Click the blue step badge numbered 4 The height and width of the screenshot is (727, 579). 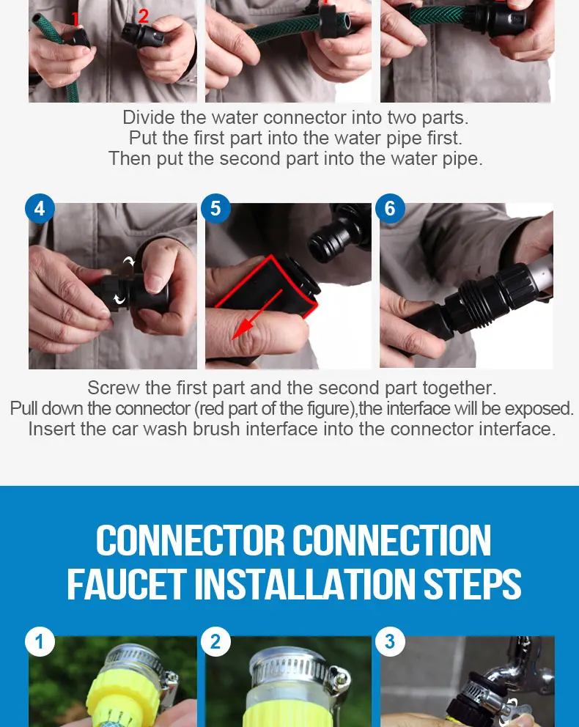(x=40, y=208)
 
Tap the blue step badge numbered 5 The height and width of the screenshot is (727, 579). (x=215, y=208)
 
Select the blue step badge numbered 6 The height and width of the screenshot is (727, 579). (x=390, y=208)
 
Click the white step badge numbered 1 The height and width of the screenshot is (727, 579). (x=40, y=642)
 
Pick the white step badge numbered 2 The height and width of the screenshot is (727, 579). (x=215, y=642)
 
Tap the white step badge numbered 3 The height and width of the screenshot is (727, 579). (x=390, y=642)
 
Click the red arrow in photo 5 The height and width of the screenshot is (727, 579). (x=257, y=314)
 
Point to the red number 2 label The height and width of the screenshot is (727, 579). (x=143, y=16)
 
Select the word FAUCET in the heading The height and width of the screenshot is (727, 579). (x=127, y=584)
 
